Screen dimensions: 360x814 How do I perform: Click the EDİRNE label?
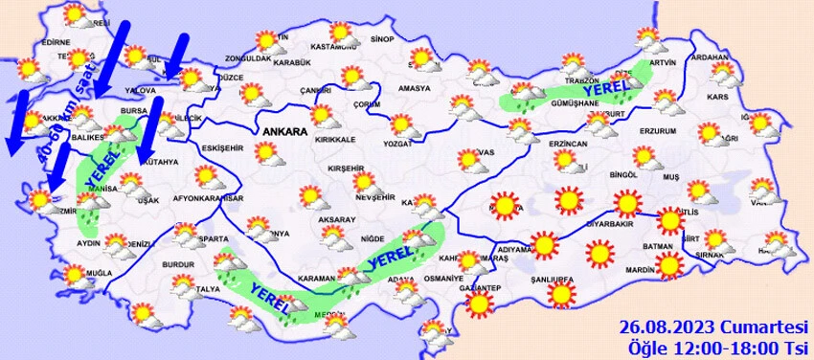click(x=57, y=42)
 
